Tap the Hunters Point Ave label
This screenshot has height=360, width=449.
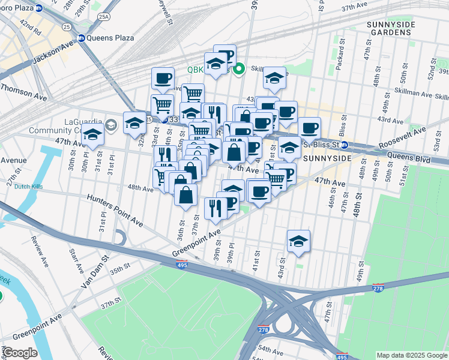pos(115,211)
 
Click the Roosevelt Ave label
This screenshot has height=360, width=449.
pos(403,139)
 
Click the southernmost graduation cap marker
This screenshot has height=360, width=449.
pos(298,241)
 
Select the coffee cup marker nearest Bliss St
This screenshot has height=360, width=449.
pos(310,127)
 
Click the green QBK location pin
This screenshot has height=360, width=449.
pos(238,70)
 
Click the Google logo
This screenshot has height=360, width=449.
pos(20,353)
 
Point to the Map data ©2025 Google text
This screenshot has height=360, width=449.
pos(411,355)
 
